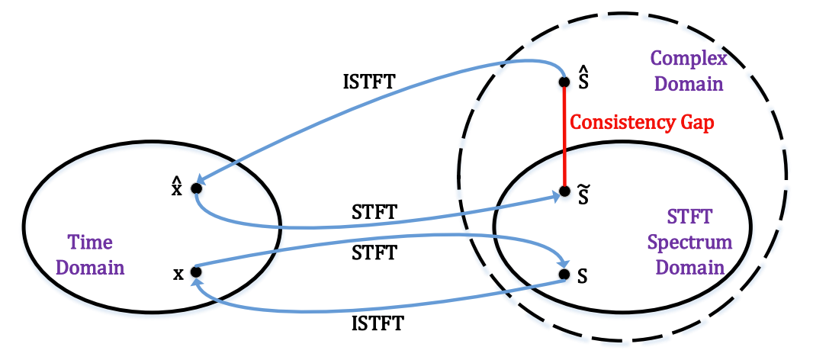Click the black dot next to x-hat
[196, 188]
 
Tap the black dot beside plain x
[196, 271]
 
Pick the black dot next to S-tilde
[564, 191]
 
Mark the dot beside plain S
[564, 273]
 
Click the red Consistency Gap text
[642, 122]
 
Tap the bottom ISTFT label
[378, 323]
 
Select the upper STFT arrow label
[373, 213]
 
